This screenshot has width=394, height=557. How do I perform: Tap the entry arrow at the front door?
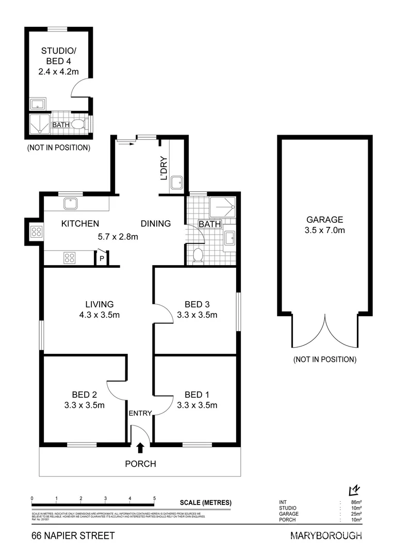click(x=141, y=448)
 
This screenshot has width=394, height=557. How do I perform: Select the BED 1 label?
click(x=196, y=395)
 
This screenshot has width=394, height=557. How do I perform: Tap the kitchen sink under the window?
click(x=70, y=204)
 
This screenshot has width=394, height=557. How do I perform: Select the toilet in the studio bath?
click(x=77, y=124)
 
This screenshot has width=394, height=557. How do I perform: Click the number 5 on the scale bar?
click(x=154, y=498)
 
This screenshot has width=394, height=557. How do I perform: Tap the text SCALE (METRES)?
click(x=206, y=503)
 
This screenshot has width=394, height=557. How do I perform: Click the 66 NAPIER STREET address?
click(x=73, y=536)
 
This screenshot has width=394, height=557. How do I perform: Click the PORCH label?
click(x=140, y=464)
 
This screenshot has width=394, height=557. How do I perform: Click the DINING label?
click(x=156, y=223)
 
